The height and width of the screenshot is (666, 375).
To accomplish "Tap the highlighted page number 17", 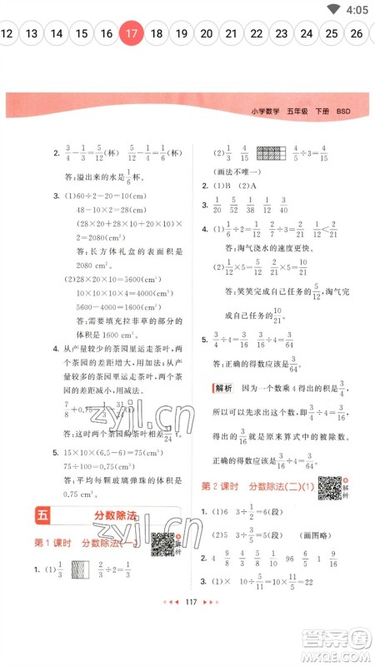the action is (131, 34).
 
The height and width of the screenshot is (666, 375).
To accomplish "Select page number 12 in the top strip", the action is (7, 34).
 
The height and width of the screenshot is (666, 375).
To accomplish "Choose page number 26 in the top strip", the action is (357, 34).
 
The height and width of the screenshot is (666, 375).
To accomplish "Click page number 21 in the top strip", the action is (232, 34).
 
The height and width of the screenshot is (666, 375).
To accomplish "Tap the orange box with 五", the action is (43, 518).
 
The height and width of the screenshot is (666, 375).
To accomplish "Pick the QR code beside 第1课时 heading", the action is (163, 542).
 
